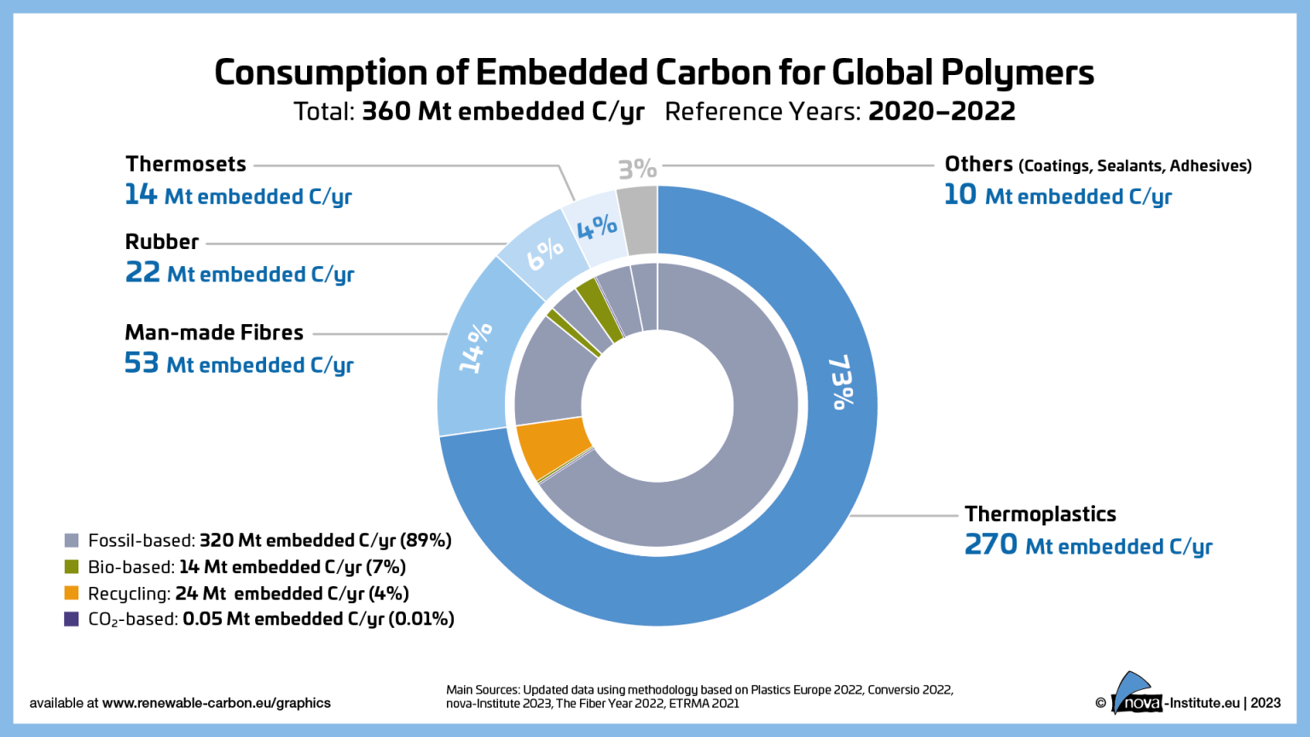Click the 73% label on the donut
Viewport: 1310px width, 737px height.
coord(841,382)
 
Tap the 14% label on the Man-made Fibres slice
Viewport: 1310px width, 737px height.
coord(475,347)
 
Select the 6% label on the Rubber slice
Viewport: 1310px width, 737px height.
coord(544,252)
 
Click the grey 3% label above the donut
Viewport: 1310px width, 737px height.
coord(637,169)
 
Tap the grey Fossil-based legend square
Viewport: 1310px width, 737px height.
coord(72,541)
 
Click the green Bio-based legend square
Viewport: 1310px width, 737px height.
coord(72,567)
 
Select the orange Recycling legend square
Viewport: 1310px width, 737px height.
coord(72,594)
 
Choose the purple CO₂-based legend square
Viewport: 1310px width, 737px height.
coord(72,619)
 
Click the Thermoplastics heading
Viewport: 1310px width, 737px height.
coord(1040,514)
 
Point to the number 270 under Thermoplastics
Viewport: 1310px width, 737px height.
coord(990,544)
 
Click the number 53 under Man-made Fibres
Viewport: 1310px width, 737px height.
coord(142,363)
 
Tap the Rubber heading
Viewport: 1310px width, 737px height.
coord(162,242)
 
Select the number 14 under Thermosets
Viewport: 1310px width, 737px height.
coord(141,194)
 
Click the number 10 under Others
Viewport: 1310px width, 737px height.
coord(959,194)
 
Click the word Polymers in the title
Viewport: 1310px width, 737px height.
coord(1017,73)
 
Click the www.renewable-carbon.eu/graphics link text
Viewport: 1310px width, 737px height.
coord(216,703)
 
